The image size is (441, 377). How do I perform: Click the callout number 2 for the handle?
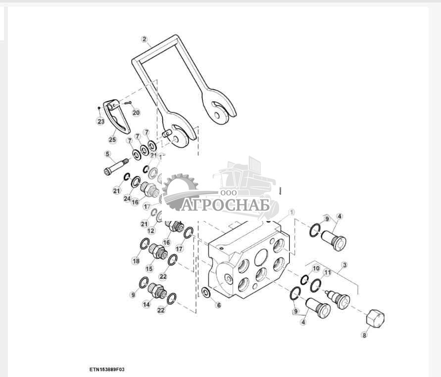pyautogui.click(x=145, y=39)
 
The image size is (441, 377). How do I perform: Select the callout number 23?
pyautogui.click(x=100, y=121)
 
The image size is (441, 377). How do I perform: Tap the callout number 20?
pyautogui.click(x=136, y=112)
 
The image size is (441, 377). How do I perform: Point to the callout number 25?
pyautogui.click(x=112, y=139)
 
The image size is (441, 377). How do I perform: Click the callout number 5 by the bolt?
pyautogui.click(x=107, y=154)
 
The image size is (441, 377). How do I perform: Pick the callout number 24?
pyautogui.click(x=127, y=199)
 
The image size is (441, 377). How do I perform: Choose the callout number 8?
pyautogui.click(x=364, y=335)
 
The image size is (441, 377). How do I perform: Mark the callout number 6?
pyautogui.click(x=219, y=305)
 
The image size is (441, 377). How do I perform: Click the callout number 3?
pyautogui.click(x=344, y=265)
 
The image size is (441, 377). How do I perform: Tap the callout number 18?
pyautogui.click(x=136, y=261)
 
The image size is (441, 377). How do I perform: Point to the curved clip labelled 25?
pyautogui.click(x=116, y=116)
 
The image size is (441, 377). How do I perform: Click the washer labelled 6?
pyautogui.click(x=206, y=293)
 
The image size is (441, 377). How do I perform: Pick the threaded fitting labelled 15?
pyautogui.click(x=158, y=251)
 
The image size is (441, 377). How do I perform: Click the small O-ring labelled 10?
pyautogui.click(x=304, y=279)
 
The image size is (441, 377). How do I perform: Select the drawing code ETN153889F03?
pyautogui.click(x=107, y=369)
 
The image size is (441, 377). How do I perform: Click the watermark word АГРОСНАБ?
pyautogui.click(x=225, y=205)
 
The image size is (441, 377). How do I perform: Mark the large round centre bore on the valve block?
pyautogui.click(x=261, y=257)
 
